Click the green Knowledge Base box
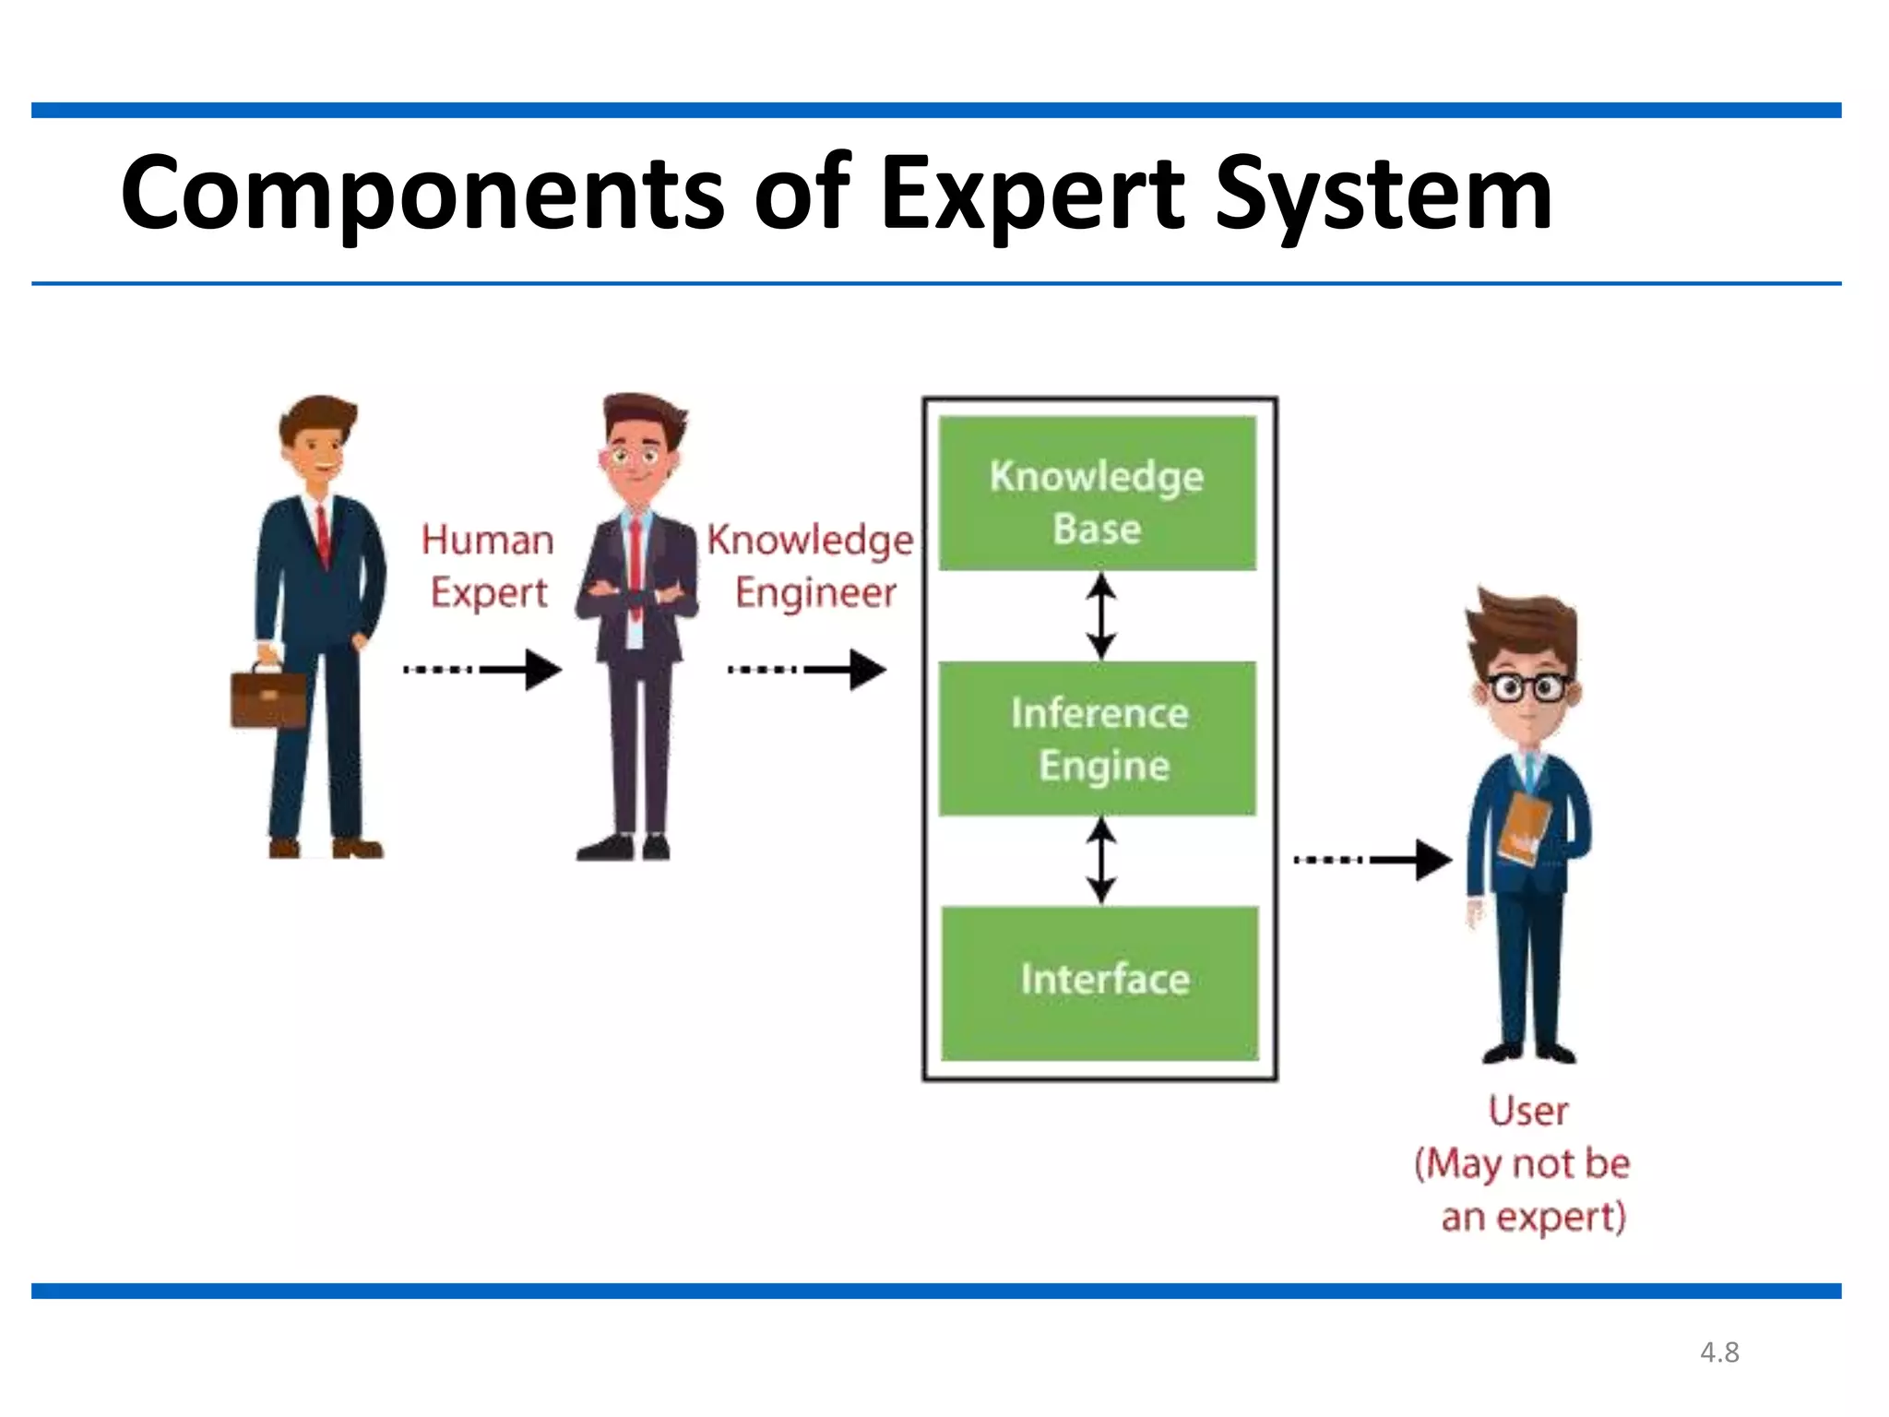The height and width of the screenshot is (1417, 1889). pyautogui.click(x=1097, y=494)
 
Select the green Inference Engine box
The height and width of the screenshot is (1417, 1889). pyautogui.click(x=1097, y=738)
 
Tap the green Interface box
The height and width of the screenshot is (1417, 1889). pyautogui.click(x=1099, y=982)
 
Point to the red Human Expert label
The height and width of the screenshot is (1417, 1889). pyautogui.click(x=487, y=566)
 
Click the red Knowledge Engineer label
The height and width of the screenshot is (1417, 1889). pyautogui.click(x=810, y=566)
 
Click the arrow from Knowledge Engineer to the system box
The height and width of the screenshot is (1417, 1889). pyautogui.click(x=807, y=670)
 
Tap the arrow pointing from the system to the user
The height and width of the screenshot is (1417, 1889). pyautogui.click(x=1372, y=860)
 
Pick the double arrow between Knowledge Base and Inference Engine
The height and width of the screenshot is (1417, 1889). pyautogui.click(x=1100, y=615)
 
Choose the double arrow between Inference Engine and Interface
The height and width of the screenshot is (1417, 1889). pyautogui.click(x=1100, y=861)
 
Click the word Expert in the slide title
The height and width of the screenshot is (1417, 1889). pyautogui.click(x=1031, y=194)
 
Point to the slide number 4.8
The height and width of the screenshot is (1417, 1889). pyautogui.click(x=1719, y=1352)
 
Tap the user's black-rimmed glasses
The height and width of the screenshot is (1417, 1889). pyautogui.click(x=1527, y=688)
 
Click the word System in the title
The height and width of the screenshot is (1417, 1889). pyautogui.click(x=1384, y=194)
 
